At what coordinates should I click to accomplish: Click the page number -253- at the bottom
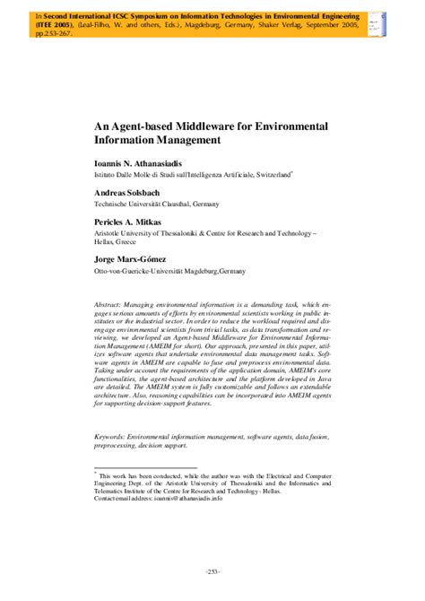(212, 571)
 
